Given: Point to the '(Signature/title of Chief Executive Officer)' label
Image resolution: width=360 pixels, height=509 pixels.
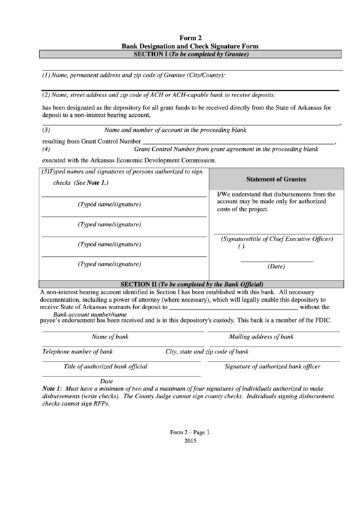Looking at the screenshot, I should [276, 239].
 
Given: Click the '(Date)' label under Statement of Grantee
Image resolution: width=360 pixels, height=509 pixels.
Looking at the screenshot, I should [276, 266].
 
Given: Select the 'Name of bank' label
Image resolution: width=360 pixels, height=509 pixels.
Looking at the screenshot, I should [110, 336].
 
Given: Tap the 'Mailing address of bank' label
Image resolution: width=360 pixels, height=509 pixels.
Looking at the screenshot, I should [261, 336].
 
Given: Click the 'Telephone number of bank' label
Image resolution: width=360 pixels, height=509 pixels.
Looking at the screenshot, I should [77, 351].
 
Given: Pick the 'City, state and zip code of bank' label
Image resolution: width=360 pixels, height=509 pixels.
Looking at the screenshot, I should [207, 351].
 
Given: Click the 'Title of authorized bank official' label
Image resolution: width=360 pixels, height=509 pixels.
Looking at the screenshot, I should [105, 366].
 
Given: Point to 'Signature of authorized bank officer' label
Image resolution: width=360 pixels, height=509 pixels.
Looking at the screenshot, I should [272, 366].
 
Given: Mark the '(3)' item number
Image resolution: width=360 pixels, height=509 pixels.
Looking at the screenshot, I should [46, 130].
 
